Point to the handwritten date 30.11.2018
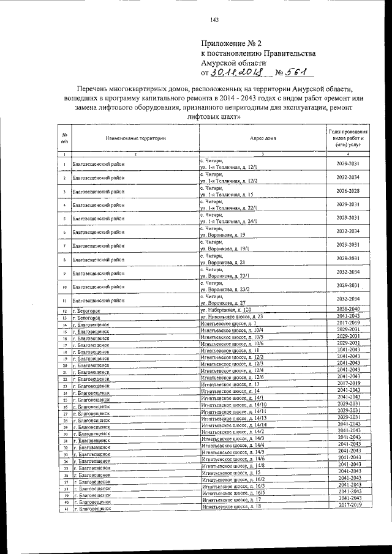[x=236, y=73]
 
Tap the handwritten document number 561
[x=300, y=73]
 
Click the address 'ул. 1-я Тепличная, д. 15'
[x=227, y=194]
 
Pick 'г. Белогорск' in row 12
[x=85, y=311]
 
